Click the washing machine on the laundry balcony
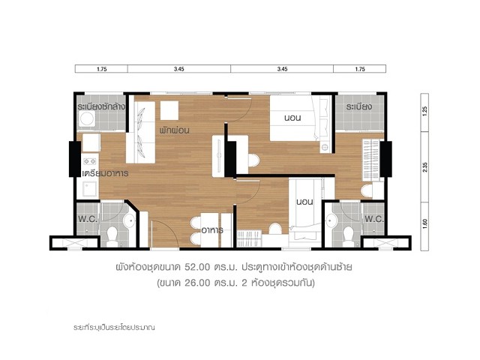point(87,118)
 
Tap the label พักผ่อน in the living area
point(174,130)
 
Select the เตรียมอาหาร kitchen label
point(105,173)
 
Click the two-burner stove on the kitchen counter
point(90,161)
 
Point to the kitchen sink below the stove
point(90,189)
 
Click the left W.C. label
point(88,219)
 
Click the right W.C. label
point(374,219)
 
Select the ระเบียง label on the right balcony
point(359,106)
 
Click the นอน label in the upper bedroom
point(292,118)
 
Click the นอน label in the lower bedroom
point(304,202)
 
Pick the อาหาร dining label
point(212,230)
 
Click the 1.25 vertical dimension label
point(424,110)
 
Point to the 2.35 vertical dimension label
point(424,167)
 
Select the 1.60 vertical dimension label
point(424,226)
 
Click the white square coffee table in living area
point(169,110)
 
